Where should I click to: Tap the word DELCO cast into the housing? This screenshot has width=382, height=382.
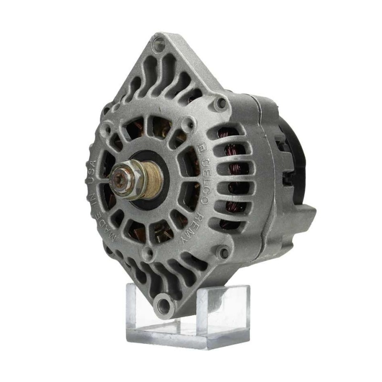(x=204, y=180)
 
